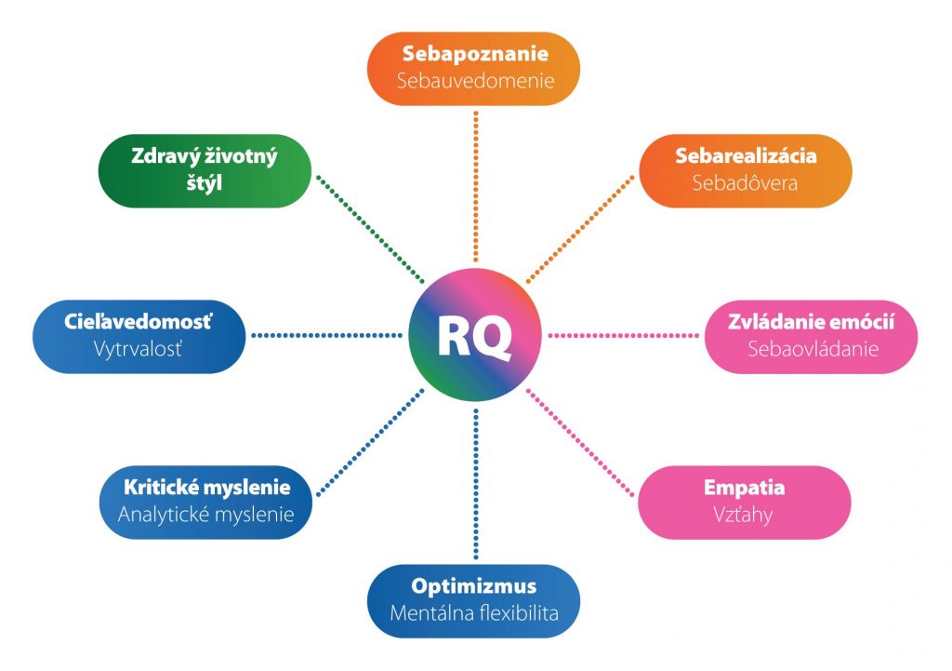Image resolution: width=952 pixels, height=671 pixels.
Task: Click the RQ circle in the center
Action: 475,335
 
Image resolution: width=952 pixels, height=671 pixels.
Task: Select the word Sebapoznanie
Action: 475,54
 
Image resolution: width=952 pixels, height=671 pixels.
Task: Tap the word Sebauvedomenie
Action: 475,81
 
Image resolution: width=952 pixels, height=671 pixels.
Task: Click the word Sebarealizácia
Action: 746,155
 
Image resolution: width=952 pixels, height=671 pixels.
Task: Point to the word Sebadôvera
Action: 745,182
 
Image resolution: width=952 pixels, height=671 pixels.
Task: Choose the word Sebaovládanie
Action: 813,349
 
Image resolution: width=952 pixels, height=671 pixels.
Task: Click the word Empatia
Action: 745,488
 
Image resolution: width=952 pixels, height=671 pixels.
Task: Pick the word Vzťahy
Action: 743,515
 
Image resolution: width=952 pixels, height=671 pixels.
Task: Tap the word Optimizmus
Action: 474,586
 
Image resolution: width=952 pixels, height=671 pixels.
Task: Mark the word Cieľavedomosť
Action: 139,321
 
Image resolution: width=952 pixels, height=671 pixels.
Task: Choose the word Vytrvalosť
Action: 138,349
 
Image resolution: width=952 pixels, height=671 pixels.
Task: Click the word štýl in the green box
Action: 204,183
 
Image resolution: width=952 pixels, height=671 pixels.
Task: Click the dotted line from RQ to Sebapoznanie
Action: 476,186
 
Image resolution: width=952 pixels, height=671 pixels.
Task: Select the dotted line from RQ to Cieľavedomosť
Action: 326,335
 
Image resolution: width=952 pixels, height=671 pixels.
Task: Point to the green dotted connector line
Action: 370,229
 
